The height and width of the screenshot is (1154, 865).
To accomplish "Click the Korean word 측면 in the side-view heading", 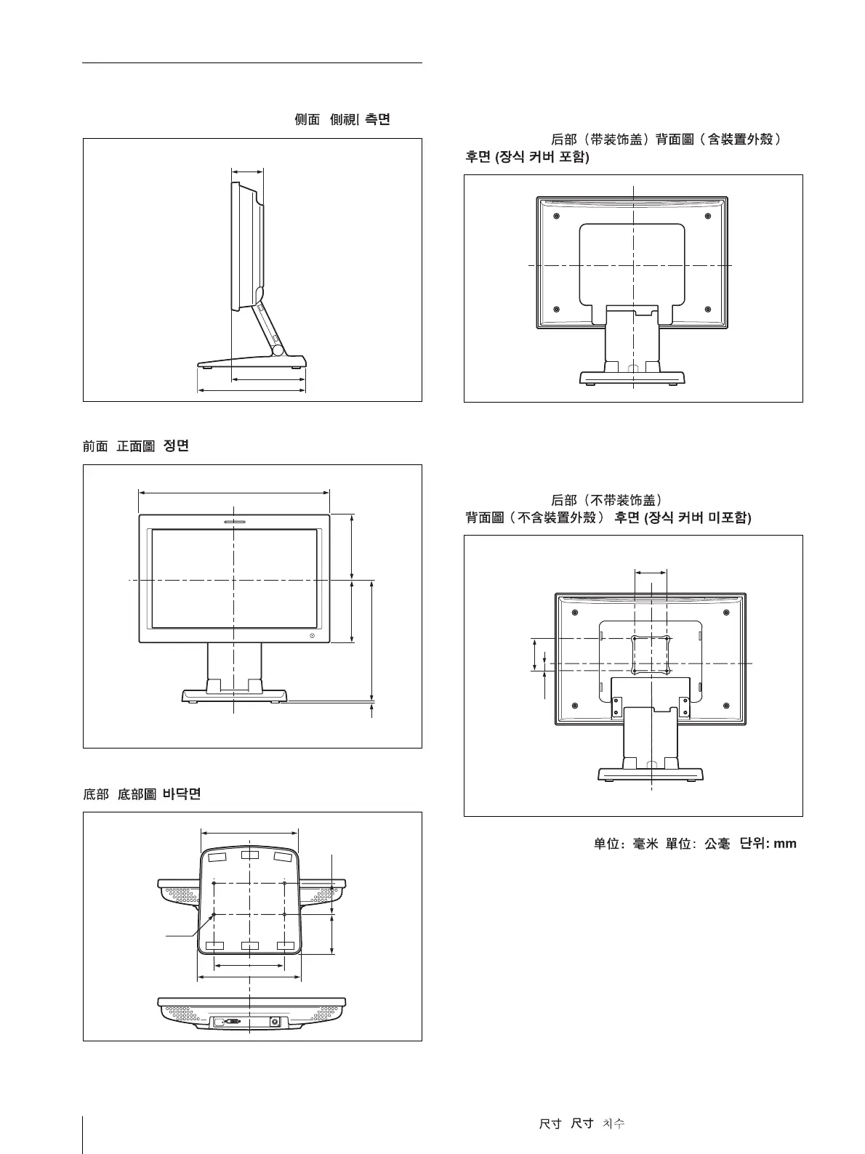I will (376, 120).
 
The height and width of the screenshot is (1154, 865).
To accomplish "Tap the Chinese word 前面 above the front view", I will (95, 446).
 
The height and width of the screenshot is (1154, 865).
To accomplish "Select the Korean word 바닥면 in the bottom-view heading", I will (181, 794).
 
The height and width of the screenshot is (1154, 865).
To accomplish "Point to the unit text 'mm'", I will (785, 844).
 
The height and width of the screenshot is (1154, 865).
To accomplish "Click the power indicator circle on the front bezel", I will (313, 636).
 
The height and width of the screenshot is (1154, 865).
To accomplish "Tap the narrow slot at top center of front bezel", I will (234, 521).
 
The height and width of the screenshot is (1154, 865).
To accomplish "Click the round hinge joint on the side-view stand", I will (278, 350).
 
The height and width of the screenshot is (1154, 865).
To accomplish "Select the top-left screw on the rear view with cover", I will (556, 216).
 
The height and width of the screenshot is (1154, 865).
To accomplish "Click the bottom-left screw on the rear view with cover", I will (556, 310).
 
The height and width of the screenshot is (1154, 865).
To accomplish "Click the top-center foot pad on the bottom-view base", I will (249, 855).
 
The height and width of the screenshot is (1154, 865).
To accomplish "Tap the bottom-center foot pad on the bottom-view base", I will (249, 945).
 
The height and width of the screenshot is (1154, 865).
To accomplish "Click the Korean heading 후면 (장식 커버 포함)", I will (527, 157).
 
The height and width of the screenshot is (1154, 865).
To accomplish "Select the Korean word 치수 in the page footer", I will (613, 1123).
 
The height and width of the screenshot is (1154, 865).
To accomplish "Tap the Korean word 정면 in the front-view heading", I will (177, 446).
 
